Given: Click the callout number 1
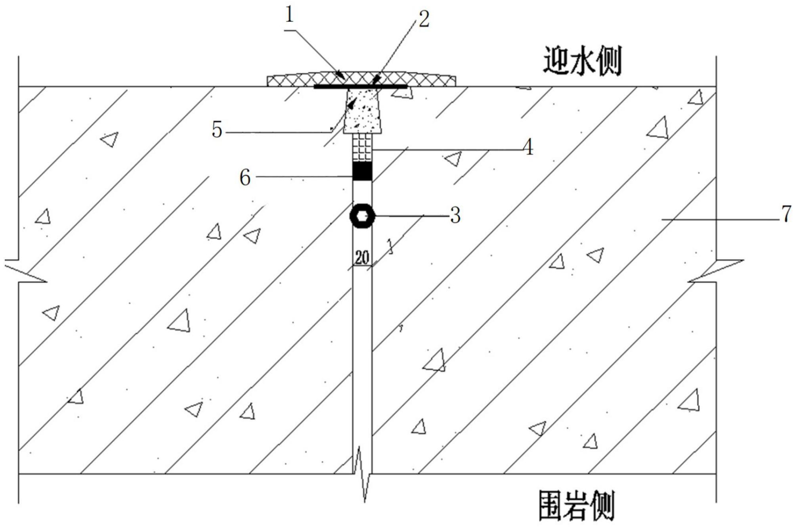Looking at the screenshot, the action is click(x=290, y=15).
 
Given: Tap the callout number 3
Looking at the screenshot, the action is click(x=455, y=216).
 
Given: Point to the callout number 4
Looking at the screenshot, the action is click(x=528, y=148).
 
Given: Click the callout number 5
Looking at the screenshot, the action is click(x=217, y=130).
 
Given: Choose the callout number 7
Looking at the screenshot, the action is click(x=786, y=215).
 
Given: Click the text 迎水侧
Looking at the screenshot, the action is click(x=581, y=61).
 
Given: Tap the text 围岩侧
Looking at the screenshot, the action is click(x=577, y=506).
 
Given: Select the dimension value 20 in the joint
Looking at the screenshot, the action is click(x=361, y=258).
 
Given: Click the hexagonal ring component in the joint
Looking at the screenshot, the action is click(x=362, y=216).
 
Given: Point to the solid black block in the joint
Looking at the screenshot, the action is click(x=362, y=171).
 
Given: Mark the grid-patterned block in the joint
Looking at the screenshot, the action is click(x=362, y=148).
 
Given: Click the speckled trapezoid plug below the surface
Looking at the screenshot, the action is click(x=363, y=111).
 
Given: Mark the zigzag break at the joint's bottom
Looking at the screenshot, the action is click(x=363, y=474).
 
